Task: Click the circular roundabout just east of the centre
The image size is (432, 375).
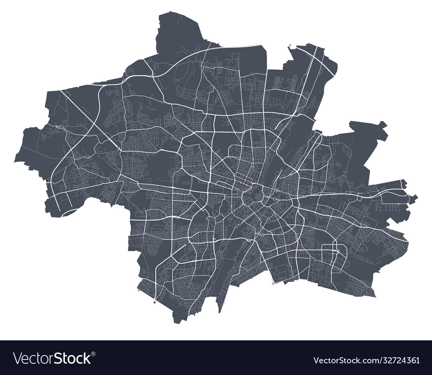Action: click(274, 199)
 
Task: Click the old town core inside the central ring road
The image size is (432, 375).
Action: click(252, 197)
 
